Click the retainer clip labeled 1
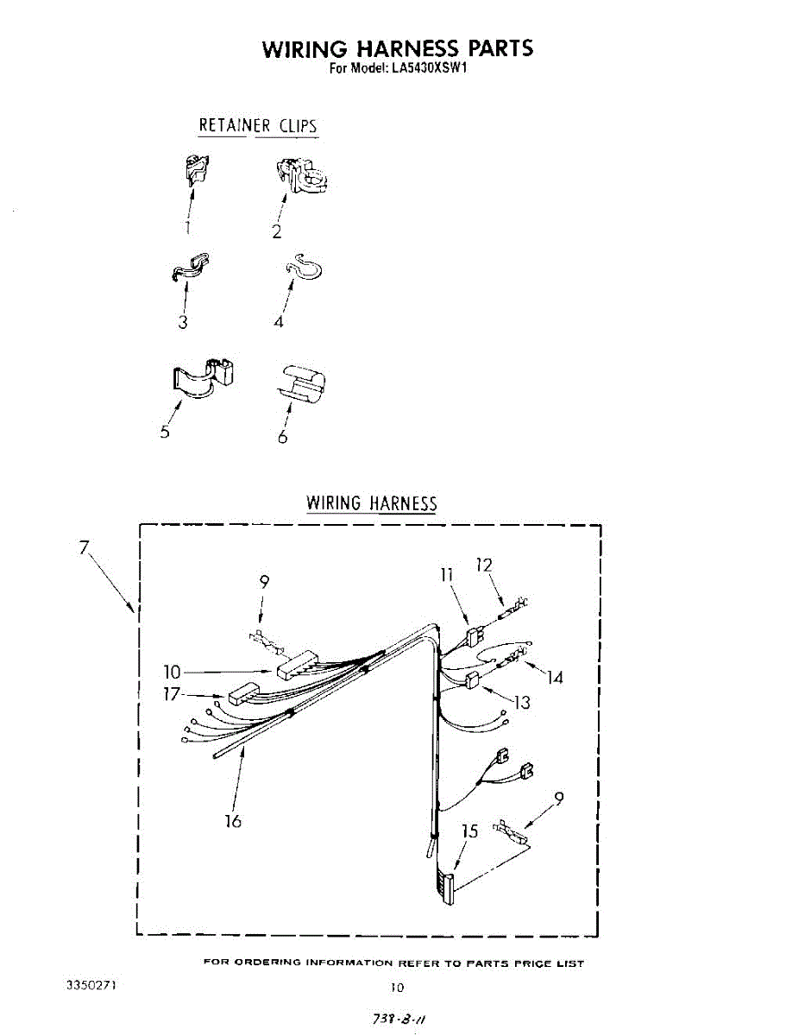pos(198,168)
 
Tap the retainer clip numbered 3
pos(191,268)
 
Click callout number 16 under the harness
pos(233,820)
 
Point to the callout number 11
pos(448,574)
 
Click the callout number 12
pos(484,565)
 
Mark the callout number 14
pos(555,678)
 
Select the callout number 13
pos(522,702)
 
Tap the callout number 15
pos(469,831)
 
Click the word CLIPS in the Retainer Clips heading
pos(298,125)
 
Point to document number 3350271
pos(91,983)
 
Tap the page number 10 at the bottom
pos(396,987)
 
